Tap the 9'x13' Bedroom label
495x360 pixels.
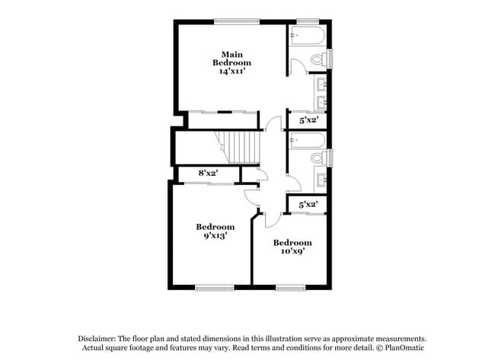[216, 231]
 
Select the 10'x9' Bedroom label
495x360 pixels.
[292, 247]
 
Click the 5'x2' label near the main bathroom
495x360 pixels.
[308, 119]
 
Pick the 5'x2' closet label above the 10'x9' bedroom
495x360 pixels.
[308, 204]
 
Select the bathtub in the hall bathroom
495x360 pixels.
[308, 140]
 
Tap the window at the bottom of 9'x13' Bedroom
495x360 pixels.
[214, 287]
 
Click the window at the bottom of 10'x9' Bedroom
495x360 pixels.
[290, 287]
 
